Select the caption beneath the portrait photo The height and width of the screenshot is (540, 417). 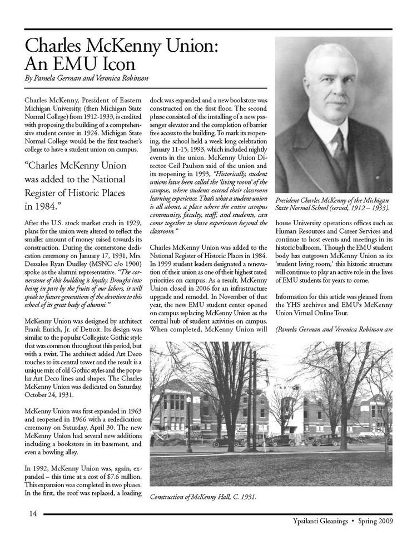332,204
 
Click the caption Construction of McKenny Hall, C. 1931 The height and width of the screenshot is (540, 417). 203,497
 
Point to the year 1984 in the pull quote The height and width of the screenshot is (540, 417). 46,207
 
